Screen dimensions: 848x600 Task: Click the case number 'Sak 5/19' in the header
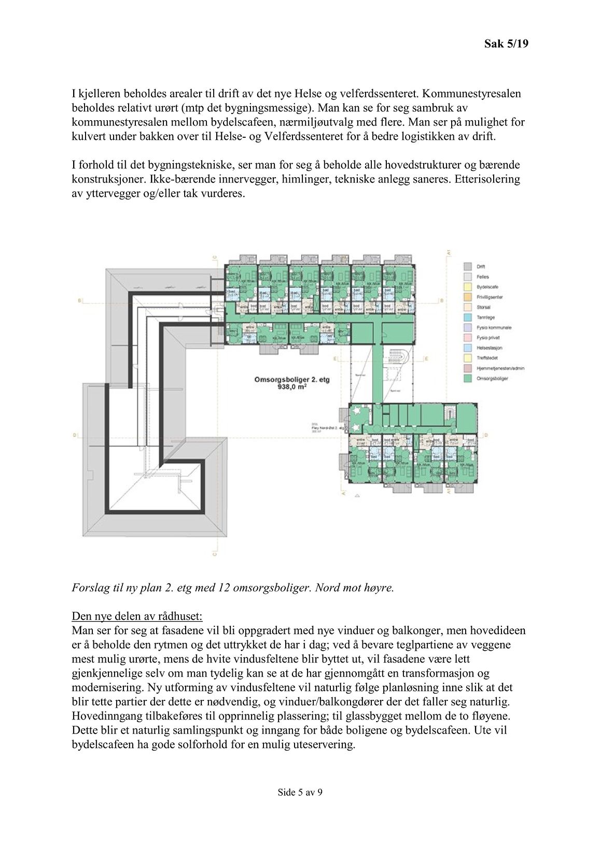tap(506, 45)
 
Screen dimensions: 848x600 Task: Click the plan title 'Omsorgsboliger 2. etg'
tap(292, 380)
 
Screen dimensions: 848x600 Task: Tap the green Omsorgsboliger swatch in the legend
tap(467, 379)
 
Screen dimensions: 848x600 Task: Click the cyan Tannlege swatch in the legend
tap(467, 318)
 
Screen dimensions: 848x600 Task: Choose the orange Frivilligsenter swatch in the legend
tap(467, 297)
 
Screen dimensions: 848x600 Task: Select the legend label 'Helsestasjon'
tap(490, 348)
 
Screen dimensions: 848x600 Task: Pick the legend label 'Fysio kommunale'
tap(494, 327)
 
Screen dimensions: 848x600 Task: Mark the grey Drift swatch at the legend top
tap(467, 266)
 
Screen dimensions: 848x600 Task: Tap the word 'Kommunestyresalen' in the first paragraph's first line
tap(479, 94)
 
